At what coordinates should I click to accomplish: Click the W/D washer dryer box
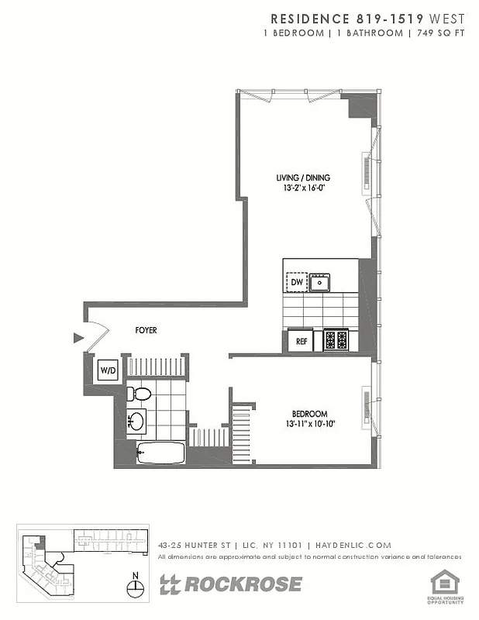[x=108, y=371]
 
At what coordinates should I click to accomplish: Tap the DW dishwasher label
[x=297, y=283]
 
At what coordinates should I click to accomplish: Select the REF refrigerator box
[x=301, y=339]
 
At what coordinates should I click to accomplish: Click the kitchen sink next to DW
[x=319, y=283]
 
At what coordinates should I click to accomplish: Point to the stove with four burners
[x=337, y=339]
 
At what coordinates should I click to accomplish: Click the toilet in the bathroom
[x=138, y=393]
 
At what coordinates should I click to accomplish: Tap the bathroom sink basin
[x=137, y=422]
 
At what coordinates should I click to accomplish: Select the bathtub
[x=160, y=453]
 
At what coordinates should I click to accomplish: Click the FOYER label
[x=146, y=330]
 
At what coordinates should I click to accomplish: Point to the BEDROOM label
[x=309, y=413]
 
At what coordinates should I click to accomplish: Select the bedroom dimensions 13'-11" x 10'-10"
[x=309, y=424]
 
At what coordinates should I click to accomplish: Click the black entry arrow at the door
[x=78, y=338]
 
